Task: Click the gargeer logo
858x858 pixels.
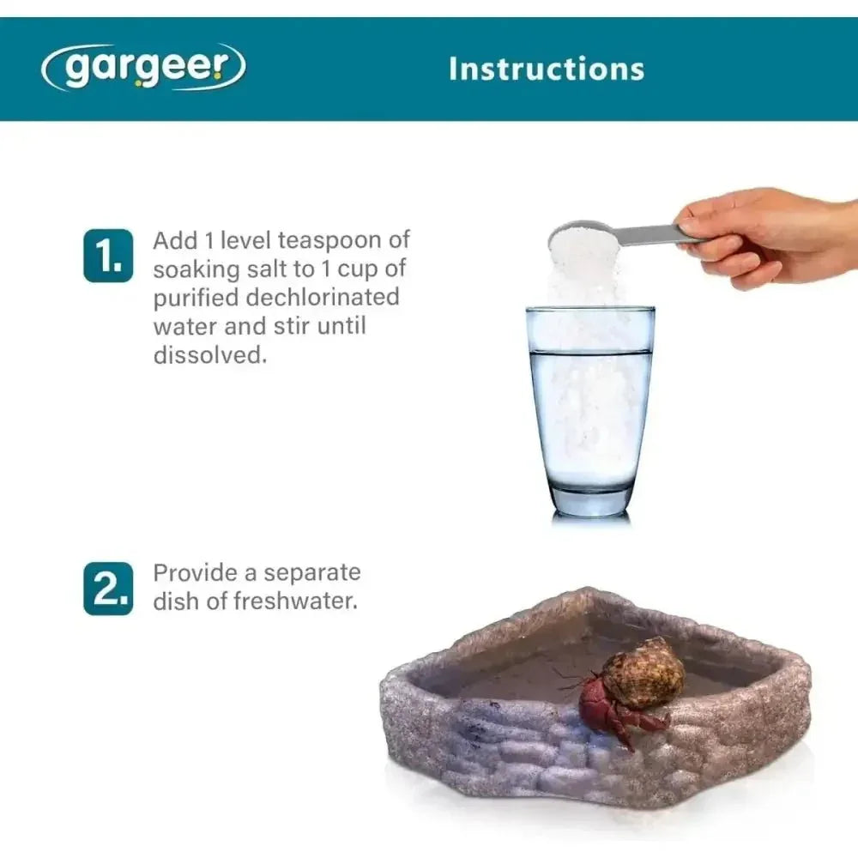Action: click(x=143, y=67)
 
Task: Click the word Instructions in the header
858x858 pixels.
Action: click(x=547, y=69)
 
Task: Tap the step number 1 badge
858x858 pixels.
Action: click(x=108, y=256)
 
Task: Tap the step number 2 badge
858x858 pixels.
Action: click(x=108, y=589)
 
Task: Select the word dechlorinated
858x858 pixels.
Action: click(x=323, y=297)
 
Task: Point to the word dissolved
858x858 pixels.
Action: click(x=209, y=354)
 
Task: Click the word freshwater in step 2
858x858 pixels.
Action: click(x=295, y=601)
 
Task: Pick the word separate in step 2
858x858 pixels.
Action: click(x=312, y=573)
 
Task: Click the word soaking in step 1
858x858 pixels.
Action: click(x=196, y=269)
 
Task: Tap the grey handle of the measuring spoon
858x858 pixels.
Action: click(x=652, y=235)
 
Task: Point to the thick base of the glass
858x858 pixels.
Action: click(x=590, y=500)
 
